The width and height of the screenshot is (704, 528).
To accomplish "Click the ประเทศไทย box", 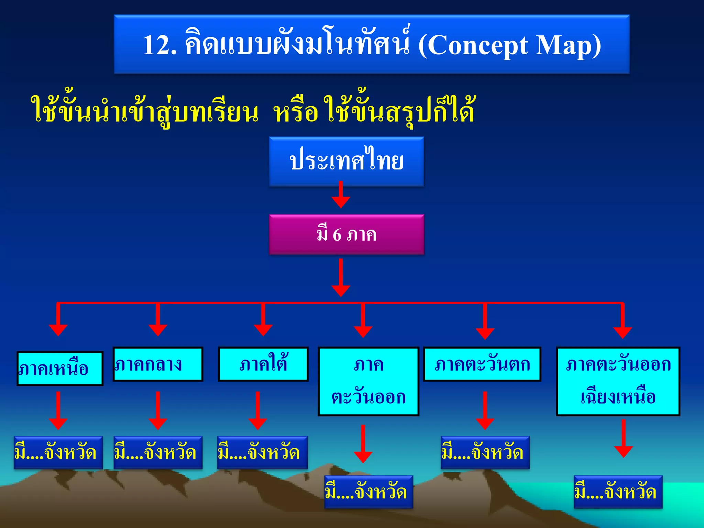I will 346,162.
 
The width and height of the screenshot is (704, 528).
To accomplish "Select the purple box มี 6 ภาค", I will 346,234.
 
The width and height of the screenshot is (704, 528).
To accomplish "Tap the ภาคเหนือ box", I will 60,368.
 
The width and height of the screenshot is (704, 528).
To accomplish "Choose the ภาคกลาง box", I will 158,364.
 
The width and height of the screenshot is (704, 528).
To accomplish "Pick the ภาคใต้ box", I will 263,364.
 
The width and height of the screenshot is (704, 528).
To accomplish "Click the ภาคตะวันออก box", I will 368,381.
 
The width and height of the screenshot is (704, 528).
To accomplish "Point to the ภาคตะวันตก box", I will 482,364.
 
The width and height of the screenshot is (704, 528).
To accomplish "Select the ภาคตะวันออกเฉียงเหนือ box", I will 618,381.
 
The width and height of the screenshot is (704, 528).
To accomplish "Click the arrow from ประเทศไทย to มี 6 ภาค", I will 341,195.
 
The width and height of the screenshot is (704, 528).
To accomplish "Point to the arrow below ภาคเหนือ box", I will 58,411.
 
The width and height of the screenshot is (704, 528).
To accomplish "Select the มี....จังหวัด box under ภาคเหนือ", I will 58,452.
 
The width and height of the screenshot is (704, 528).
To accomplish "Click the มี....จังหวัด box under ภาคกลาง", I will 158,452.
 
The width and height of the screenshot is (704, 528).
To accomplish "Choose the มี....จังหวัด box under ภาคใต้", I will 262,452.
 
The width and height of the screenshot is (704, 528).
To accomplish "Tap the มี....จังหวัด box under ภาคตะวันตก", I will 485,452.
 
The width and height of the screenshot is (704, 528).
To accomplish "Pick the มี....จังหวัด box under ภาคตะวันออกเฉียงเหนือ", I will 618,492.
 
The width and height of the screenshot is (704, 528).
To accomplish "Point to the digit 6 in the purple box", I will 337,235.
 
